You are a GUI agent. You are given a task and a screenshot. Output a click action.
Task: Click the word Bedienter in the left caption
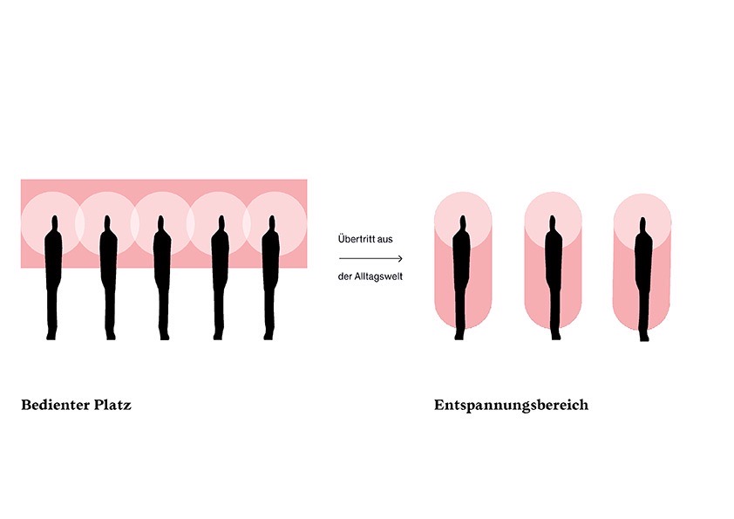55,405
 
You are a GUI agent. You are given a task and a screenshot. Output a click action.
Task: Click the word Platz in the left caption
112,405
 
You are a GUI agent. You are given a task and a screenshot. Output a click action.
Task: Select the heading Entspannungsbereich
511,406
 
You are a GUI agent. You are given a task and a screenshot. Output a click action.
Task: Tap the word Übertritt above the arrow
356,239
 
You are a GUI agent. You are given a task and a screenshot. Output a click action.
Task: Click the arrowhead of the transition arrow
399,258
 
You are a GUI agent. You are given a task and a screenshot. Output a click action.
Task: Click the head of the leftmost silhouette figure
55,223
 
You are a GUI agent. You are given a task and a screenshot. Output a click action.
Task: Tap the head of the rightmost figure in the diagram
642,225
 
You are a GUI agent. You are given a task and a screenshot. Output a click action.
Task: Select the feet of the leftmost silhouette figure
51,336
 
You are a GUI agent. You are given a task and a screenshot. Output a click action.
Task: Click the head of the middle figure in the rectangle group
161,223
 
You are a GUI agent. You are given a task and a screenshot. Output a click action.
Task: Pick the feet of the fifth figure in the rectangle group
268,336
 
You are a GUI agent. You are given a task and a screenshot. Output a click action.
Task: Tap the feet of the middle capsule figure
555,336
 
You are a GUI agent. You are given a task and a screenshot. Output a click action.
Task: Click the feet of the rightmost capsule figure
645,338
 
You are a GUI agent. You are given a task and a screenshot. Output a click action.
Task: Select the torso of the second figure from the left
108,257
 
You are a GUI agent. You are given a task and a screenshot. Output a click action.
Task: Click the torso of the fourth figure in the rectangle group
220,257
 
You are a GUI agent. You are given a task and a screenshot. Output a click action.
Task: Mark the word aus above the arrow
384,239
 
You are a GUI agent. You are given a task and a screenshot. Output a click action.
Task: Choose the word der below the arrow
343,277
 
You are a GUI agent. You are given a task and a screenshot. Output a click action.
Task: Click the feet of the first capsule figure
459,336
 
